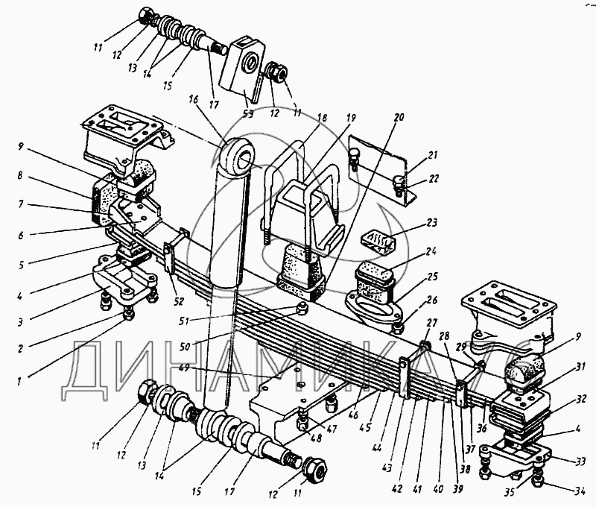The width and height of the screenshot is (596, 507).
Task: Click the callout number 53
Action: click(x=247, y=114)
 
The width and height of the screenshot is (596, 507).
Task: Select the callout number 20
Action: click(x=399, y=117)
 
